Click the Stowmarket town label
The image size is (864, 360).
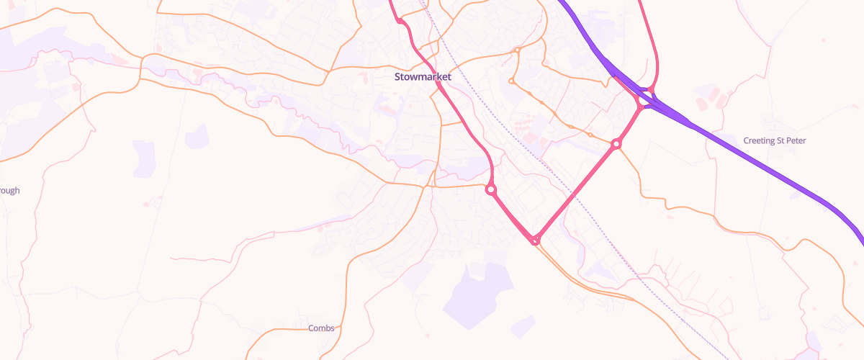(423, 76)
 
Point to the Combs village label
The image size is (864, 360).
(321, 328)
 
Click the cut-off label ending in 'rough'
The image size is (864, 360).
(9, 191)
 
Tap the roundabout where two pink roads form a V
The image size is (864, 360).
(535, 240)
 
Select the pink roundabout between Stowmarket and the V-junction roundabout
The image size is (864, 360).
(491, 190)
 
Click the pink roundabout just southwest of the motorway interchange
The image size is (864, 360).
(616, 144)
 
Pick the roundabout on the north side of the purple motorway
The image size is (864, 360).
(651, 90)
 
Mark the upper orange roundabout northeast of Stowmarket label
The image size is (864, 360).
(517, 50)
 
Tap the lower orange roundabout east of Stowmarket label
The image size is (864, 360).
(511, 81)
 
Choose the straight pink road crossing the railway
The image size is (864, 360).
(576, 192)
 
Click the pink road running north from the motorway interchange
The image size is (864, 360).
(652, 43)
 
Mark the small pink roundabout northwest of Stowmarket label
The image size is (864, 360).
(400, 22)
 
